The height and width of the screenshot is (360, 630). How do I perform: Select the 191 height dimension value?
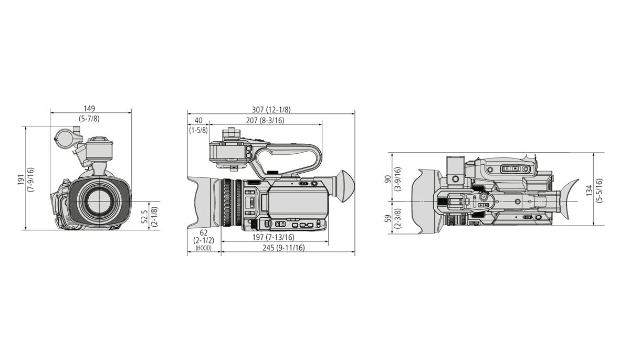21,179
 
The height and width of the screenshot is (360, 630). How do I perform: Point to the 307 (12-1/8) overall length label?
271,110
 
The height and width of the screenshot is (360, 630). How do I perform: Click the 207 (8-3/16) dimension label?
265,120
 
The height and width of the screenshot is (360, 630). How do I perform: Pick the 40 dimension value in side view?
198,120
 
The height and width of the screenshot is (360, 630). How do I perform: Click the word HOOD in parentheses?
203,248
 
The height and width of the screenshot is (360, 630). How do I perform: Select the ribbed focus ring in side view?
228,203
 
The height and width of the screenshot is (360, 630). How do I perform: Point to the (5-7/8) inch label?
89,119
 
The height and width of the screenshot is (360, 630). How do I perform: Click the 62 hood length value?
203,232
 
